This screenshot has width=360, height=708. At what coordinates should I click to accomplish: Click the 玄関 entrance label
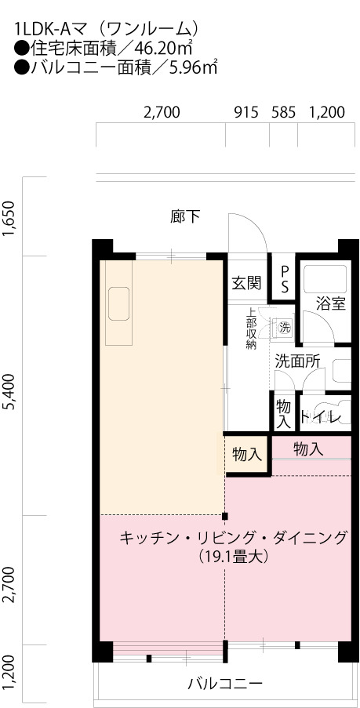(246, 283)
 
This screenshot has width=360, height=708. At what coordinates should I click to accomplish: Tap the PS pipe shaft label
(285, 279)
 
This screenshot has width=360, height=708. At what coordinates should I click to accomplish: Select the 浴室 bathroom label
(331, 304)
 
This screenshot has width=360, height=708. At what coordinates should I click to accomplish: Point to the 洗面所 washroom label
(298, 361)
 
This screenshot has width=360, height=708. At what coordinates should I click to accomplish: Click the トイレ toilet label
(325, 416)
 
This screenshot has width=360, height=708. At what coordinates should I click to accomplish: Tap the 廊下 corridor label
(185, 216)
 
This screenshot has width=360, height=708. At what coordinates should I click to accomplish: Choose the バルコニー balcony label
(225, 683)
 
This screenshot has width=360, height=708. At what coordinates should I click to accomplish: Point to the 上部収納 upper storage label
(251, 329)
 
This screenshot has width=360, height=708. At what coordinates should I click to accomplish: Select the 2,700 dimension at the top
(162, 112)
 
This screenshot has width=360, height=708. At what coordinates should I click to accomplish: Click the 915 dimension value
(246, 112)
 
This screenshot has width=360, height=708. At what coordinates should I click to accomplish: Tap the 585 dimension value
(283, 112)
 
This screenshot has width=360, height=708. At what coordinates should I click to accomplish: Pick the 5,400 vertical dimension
(11, 390)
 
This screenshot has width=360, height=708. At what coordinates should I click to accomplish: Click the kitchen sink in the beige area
(118, 303)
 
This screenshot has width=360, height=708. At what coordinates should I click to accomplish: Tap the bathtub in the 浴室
(325, 279)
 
